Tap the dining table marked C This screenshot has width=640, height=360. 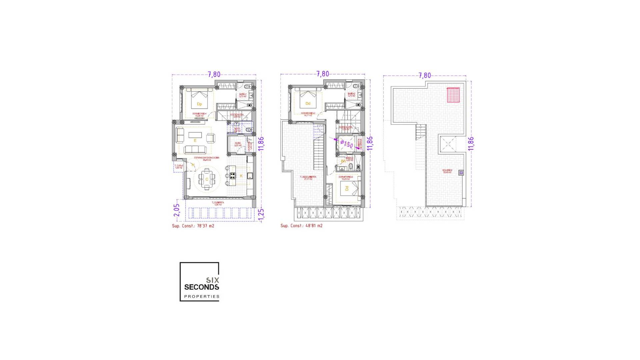[x=207, y=179]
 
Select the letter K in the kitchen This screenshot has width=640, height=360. [x=241, y=176]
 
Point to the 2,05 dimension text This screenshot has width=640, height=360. [x=177, y=210]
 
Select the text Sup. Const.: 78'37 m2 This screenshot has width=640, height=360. [x=193, y=226]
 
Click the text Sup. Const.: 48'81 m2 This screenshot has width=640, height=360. [x=301, y=226]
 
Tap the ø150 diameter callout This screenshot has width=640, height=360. [x=347, y=144]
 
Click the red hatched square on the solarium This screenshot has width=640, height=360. [x=453, y=95]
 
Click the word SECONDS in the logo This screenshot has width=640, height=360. [x=202, y=287]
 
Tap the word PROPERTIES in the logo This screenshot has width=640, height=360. [x=202, y=296]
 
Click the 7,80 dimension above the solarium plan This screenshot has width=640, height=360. [x=425, y=76]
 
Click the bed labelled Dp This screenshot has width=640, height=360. [x=199, y=101]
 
